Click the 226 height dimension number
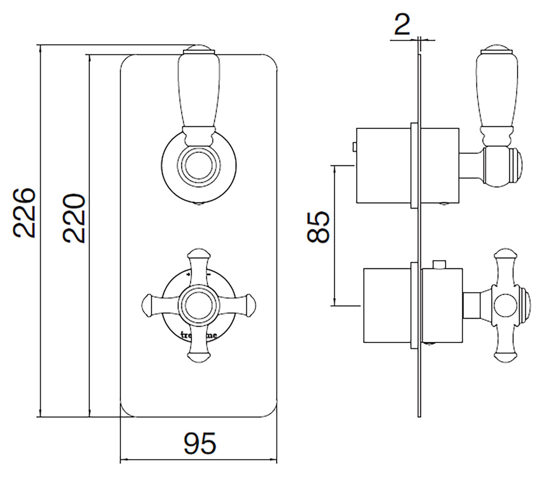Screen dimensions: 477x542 (24, 213)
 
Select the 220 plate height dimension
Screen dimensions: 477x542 (74, 218)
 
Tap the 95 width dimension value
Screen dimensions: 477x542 (200, 443)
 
